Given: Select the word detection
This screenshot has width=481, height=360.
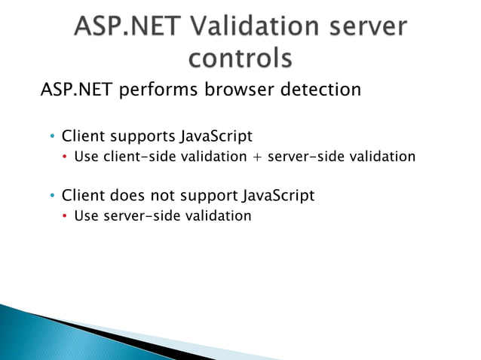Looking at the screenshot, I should coord(323,90).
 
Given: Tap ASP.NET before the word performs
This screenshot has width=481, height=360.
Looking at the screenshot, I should coord(72,90).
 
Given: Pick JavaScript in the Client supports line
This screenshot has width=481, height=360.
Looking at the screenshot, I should coord(216,136).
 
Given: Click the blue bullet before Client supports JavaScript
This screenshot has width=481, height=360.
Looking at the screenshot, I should coord(52,137).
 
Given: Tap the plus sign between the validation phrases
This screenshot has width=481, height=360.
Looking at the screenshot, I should coord(259,157).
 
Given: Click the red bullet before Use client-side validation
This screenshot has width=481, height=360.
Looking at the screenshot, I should coord(65,157).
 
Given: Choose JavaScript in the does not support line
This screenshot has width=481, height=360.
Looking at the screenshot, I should coord(278,196).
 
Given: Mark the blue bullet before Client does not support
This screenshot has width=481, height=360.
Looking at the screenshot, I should coord(52,197).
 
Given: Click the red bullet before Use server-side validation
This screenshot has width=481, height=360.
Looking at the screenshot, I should coord(65,217).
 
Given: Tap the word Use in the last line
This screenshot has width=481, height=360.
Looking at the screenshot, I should coord(83,216).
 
